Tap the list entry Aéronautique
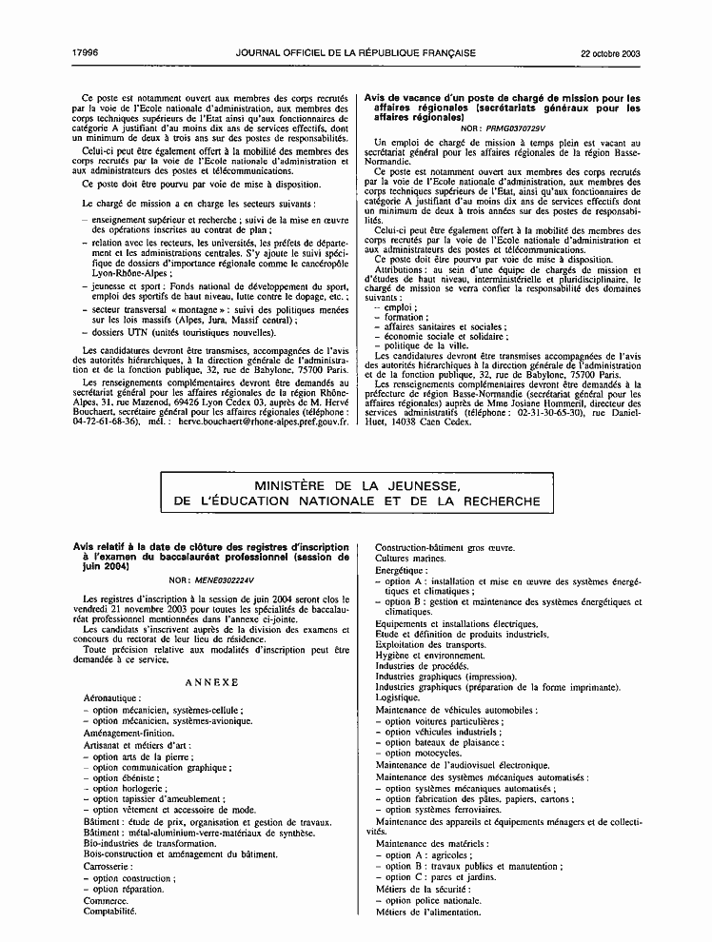pyautogui.click(x=112, y=697)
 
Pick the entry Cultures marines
pyautogui.click(x=411, y=559)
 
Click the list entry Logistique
pyautogui.click(x=398, y=697)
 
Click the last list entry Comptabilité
pyautogui.click(x=110, y=911)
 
